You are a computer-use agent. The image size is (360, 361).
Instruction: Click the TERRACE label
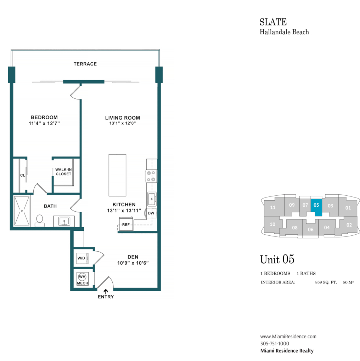point(85,64)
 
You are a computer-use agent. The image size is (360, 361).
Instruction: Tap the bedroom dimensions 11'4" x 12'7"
point(44,124)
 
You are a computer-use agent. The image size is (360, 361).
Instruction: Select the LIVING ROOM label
point(122,118)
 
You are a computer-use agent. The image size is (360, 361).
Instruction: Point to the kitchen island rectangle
point(117,175)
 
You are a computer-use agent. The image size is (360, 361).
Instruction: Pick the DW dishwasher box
point(151,213)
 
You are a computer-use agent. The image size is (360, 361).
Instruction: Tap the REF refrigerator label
point(126,224)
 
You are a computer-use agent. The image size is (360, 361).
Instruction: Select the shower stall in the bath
point(22,211)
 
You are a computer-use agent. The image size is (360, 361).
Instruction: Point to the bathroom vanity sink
point(64,221)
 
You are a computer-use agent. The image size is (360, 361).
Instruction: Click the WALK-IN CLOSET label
point(63,172)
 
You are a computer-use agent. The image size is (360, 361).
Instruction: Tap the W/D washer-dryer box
point(82,258)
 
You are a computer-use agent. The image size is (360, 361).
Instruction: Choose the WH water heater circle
point(82,277)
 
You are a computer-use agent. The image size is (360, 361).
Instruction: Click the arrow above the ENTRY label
point(106,292)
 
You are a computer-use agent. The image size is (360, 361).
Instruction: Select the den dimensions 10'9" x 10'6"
point(133,263)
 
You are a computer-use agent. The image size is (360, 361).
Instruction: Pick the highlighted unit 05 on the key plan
point(316,207)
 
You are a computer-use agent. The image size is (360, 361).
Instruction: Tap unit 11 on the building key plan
point(272,207)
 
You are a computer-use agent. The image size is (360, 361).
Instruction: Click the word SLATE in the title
point(273,22)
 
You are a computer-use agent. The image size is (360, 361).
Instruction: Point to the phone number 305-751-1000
point(275,344)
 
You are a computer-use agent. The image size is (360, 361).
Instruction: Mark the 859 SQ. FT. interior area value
point(326,282)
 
